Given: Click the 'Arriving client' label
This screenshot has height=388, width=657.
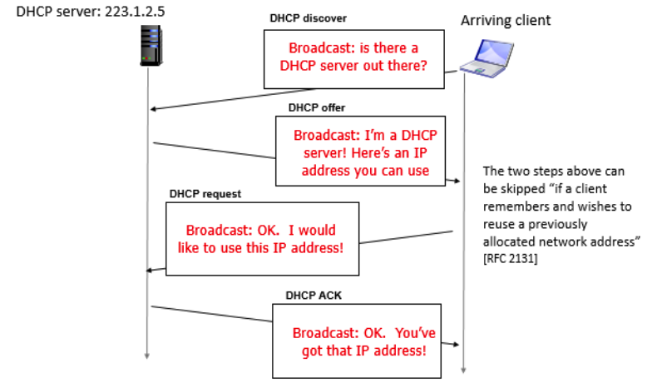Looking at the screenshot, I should pos(506,20).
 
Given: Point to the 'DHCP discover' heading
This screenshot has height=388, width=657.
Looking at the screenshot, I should pos(309,17).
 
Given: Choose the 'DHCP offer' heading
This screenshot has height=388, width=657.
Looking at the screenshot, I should pos(317,107).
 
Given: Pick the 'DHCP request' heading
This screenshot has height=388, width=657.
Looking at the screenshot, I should pos(205,194).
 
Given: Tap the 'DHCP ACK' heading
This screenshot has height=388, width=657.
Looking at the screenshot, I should pos(313,295).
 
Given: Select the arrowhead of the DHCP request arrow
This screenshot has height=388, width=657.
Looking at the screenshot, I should pos(151,269).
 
